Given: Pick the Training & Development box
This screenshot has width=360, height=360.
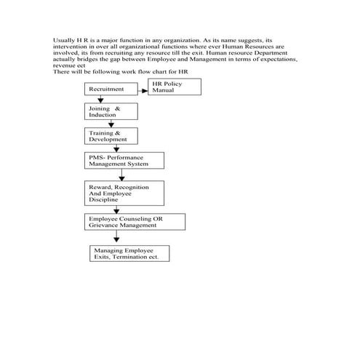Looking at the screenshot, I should tap(109, 136).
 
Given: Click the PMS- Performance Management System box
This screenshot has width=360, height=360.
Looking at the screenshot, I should tap(124, 161).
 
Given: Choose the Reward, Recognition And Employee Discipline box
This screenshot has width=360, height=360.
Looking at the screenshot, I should tap(124, 194).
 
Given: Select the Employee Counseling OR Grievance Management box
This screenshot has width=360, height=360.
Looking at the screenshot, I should tap(135, 221).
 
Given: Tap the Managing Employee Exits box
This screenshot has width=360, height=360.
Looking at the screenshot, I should tap(129, 252).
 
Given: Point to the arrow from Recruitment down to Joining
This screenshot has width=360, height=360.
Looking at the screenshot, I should tap(111, 99).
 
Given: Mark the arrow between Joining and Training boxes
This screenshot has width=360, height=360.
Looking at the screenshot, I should tap(111, 124).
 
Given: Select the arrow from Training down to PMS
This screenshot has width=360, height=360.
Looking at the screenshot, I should tap(111, 148).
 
